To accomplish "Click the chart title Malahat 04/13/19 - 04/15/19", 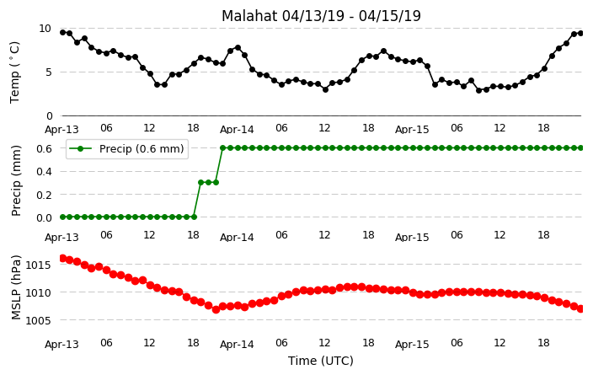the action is click(321, 16).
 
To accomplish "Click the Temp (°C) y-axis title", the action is click(14, 72).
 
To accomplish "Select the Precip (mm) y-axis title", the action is click(16, 181).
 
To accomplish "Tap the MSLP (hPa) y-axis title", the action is click(16, 287).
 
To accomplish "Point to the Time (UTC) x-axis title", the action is click(321, 361).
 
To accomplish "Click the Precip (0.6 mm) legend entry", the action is click(127, 148).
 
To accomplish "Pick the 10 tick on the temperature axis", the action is click(45, 29).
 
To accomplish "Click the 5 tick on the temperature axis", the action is click(48, 72).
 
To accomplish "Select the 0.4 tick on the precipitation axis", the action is click(44, 171).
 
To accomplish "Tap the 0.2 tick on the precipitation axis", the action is click(44, 195).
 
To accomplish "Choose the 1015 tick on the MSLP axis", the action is click(38, 265).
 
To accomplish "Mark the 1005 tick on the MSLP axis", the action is click(38, 320).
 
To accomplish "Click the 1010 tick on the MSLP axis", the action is click(38, 292).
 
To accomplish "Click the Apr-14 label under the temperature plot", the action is click(237, 130).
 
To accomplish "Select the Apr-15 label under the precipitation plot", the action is click(412, 238).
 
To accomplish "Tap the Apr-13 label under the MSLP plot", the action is click(61, 345).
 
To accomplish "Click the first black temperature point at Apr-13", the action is click(63, 32).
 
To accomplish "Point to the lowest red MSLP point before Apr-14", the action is click(216, 309).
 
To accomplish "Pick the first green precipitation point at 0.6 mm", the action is click(223, 148).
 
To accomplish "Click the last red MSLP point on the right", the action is click(581, 308).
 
